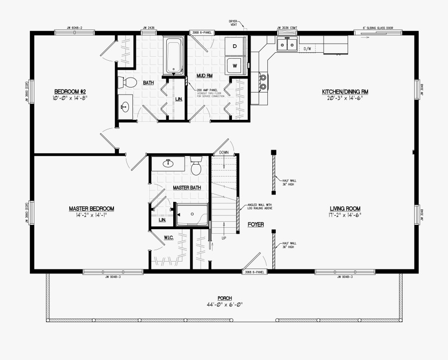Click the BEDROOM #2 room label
pyautogui.click(x=70, y=91)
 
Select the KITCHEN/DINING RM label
pyautogui.click(x=345, y=91)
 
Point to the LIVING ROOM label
pyautogui.click(x=345, y=208)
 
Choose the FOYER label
pyautogui.click(x=255, y=225)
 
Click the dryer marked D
pyautogui.click(x=235, y=47)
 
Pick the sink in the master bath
pyautogui.click(x=168, y=163)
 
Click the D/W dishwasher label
pyautogui.click(x=308, y=49)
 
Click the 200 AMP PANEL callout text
pyautogui.click(x=206, y=90)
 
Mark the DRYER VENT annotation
pyautogui.click(x=233, y=23)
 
